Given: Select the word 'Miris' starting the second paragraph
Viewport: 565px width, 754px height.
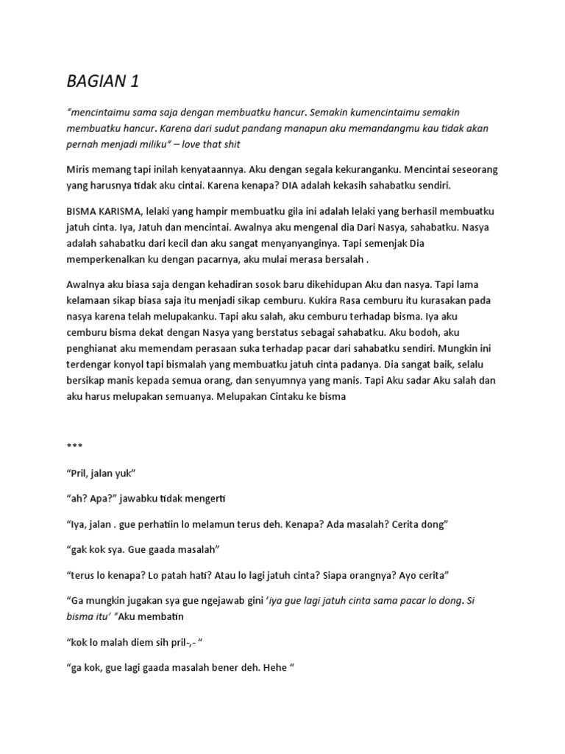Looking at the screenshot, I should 80,169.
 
